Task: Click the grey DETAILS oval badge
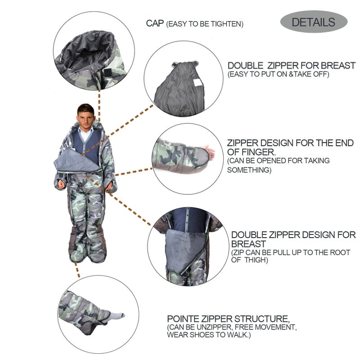click(314, 22)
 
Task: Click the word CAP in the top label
click(155, 23)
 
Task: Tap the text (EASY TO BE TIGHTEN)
click(205, 24)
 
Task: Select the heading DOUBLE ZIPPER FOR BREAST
click(291, 65)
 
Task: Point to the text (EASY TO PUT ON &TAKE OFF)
click(278, 74)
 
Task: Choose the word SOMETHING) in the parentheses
click(249, 170)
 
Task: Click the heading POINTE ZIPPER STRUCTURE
click(232, 318)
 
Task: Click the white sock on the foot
click(117, 316)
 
